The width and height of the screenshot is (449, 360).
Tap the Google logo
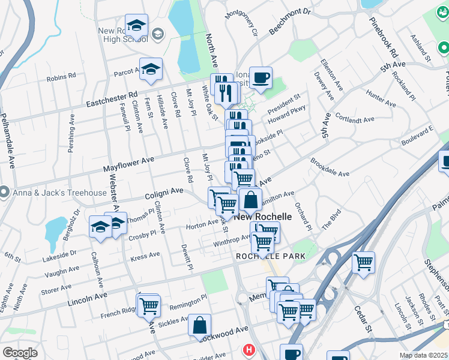pos(20,353)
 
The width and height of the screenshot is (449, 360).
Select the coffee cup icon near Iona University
pos(261,78)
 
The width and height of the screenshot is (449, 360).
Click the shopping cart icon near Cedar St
pos(363,262)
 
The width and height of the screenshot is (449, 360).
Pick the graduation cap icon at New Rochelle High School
pos(137,26)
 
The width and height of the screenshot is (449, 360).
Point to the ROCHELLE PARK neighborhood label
pos(271,256)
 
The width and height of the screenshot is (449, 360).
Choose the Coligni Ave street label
pos(164,193)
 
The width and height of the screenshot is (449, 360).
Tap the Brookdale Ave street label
pos(330,167)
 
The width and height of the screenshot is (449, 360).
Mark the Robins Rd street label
pos(61,77)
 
